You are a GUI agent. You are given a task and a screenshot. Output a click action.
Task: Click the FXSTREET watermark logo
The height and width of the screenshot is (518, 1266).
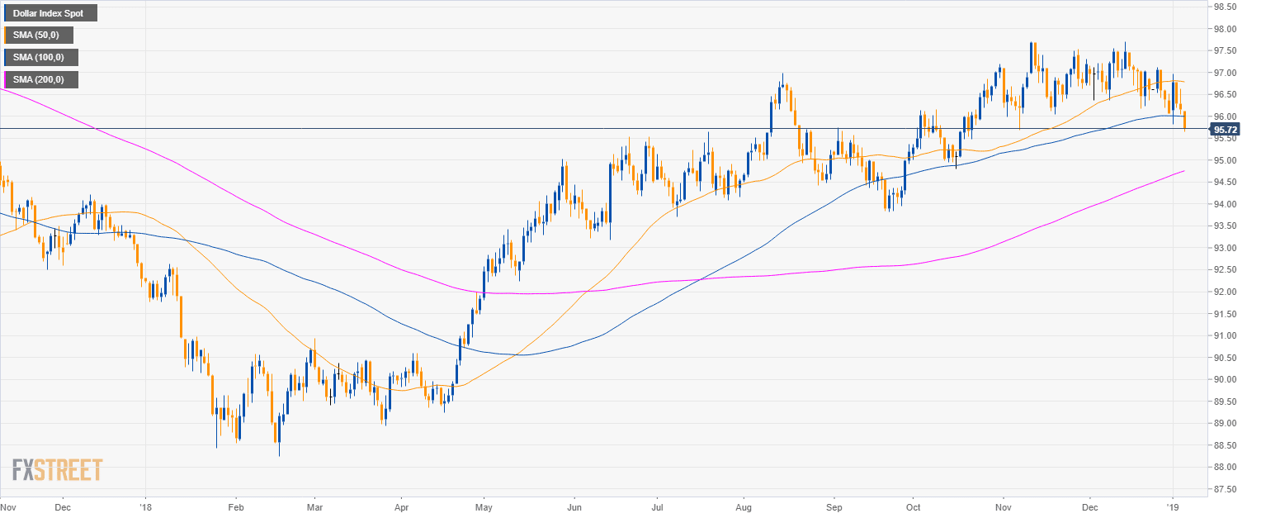click(57, 470)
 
